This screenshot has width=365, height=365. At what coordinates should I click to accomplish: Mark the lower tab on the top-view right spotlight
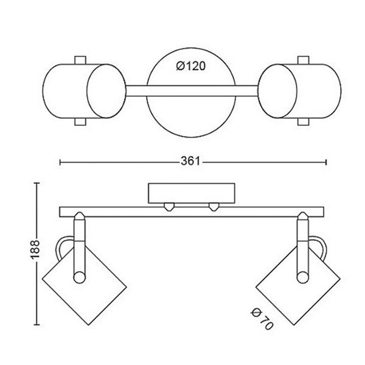303,121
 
